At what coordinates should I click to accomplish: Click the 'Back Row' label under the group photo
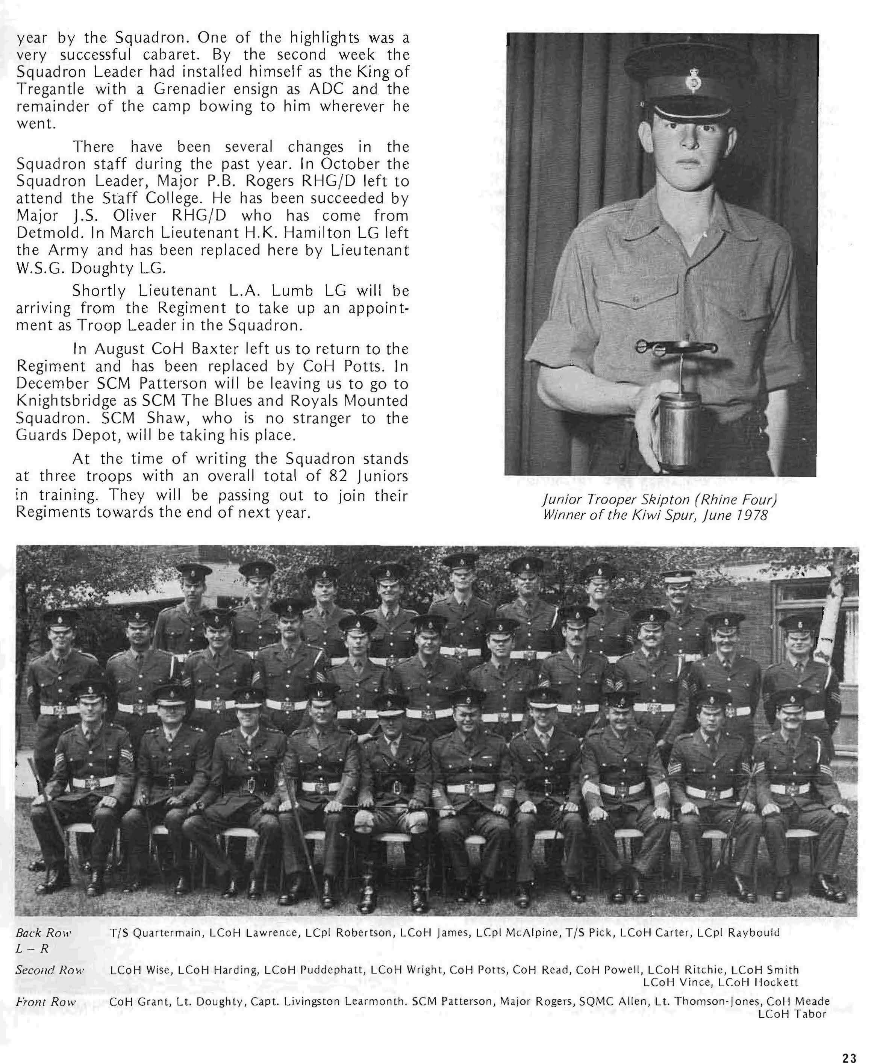(43, 933)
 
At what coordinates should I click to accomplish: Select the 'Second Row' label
(49, 970)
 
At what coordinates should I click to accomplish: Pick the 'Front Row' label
(45, 1002)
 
